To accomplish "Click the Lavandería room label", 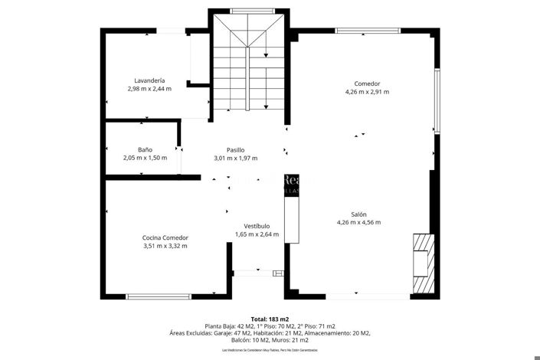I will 149,80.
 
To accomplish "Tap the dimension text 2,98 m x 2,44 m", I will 149,89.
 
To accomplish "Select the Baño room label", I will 145,149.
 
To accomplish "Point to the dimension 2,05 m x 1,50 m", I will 145,158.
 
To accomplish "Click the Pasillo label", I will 235,149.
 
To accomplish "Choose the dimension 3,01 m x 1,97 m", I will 235,158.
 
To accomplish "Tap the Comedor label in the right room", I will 367,83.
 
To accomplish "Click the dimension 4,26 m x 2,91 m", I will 367,92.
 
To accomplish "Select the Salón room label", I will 358,214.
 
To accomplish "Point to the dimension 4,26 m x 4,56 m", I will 358,222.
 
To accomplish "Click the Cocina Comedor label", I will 165,237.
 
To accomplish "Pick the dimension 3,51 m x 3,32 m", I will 165,246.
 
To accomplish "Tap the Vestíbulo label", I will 257,226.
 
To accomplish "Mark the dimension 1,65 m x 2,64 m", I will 257,234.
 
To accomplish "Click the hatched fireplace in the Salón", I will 421,263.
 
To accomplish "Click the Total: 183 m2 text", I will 270,319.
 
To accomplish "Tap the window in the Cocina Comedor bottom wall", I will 159,296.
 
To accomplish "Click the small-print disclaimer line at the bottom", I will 270,349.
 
